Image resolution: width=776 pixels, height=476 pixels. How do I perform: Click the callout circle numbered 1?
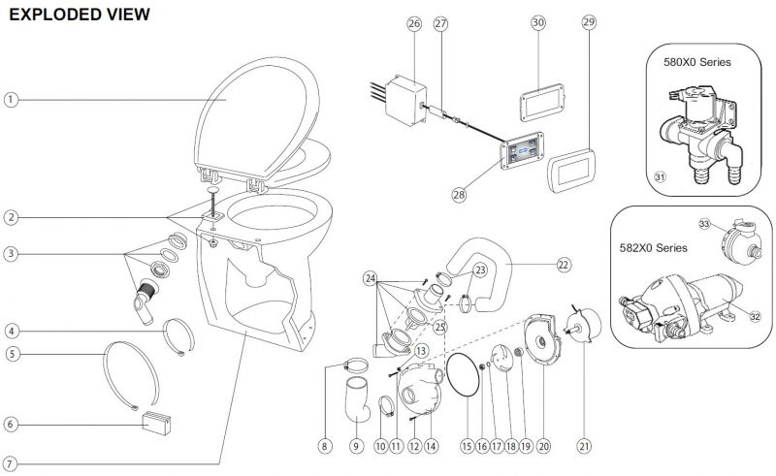(x=11, y=99)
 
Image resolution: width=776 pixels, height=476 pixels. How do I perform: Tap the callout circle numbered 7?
(x=11, y=462)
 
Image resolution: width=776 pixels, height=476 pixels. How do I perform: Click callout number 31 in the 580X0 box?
(x=660, y=176)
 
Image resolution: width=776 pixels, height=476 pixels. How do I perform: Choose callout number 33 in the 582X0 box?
(x=705, y=224)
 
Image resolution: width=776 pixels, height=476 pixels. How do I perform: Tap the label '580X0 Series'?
(x=696, y=62)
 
